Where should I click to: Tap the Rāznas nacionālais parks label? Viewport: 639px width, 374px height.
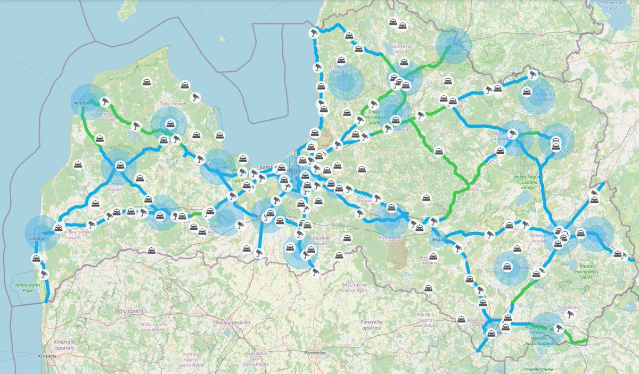click(593, 275)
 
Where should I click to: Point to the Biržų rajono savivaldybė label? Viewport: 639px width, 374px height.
click(355, 288)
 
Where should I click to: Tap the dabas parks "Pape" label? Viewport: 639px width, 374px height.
click(25, 288)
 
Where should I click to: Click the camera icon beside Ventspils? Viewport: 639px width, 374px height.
click(105, 100)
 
